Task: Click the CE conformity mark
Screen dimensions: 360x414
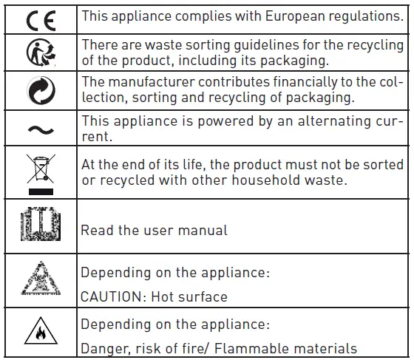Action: click(x=39, y=18)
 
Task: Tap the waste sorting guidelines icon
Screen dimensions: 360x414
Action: click(x=39, y=52)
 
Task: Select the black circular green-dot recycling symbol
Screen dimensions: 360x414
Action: click(x=39, y=91)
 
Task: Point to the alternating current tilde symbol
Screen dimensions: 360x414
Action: click(x=39, y=129)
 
